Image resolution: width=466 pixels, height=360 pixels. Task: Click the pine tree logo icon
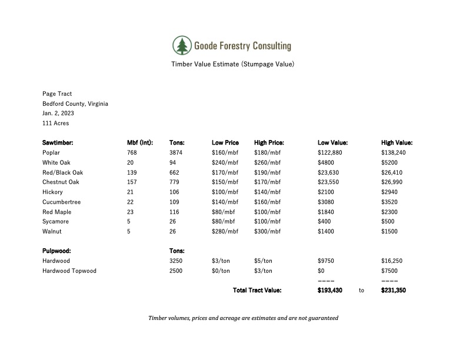coord(182,45)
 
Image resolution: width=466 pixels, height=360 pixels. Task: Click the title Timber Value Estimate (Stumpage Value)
coord(232,64)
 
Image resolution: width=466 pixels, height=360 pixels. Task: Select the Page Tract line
coord(57,94)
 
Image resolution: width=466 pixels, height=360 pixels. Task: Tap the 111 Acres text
coord(55,124)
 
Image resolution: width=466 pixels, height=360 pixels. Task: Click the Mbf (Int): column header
coord(140,142)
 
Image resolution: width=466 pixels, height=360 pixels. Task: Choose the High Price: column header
coord(269,142)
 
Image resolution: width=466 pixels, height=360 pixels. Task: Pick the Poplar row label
coord(52,152)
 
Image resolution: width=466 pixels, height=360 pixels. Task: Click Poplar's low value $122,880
coord(330,152)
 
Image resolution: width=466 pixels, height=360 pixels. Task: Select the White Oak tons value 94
coord(173,162)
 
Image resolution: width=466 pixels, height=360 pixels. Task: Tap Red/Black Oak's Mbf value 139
coord(132,172)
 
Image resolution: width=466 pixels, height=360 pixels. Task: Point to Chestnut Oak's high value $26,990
coord(394,182)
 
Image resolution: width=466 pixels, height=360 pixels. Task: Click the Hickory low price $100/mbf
coord(225,192)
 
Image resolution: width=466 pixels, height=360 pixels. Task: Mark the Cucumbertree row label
coord(61,202)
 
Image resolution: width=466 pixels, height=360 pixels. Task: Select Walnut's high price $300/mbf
coord(268,232)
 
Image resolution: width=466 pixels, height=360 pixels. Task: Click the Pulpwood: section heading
coord(56,251)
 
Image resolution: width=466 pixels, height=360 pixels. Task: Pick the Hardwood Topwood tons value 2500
coord(176,271)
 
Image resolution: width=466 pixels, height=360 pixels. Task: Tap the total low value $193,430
coord(329,291)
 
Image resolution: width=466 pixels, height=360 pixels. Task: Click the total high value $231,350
coord(394,291)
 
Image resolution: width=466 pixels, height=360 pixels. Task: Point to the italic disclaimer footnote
coord(243,318)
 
